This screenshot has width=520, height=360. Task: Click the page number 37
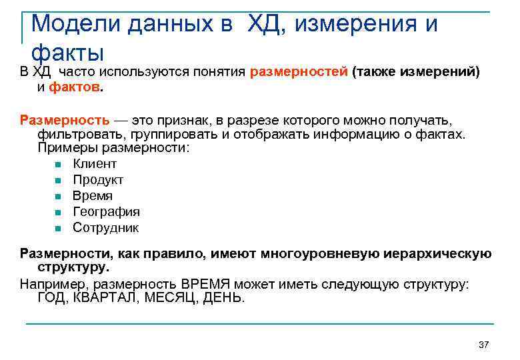[484, 345]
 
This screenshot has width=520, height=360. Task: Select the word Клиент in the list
[95, 164]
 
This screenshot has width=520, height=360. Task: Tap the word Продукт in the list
[98, 180]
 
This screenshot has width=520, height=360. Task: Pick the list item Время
[93, 196]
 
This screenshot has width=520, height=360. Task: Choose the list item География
[106, 212]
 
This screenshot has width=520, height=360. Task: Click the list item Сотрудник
[105, 228]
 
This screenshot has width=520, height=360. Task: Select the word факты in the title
[67, 51]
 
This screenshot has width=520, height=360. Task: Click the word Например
[51, 284]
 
